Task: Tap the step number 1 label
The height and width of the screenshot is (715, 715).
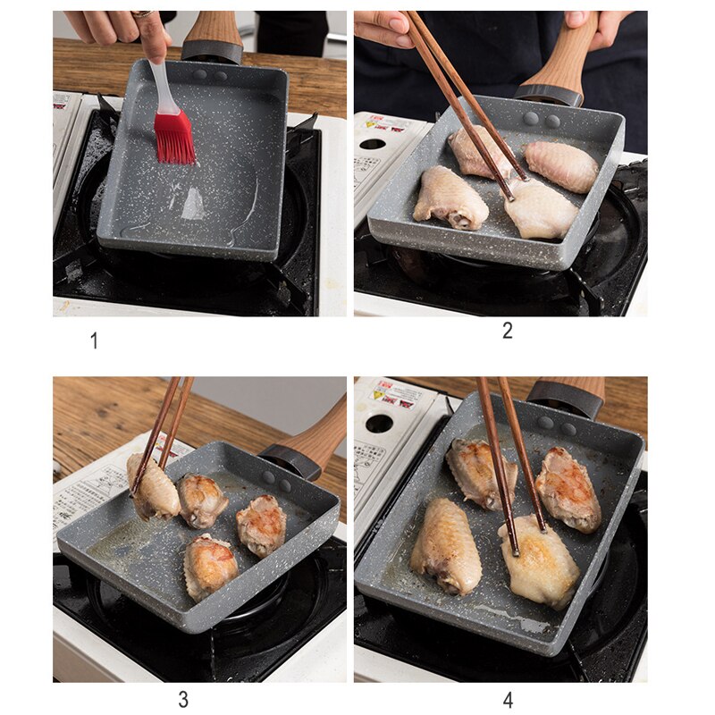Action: click(94, 341)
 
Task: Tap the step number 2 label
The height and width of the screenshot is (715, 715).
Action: click(508, 331)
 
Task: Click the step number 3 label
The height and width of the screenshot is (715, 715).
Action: click(183, 700)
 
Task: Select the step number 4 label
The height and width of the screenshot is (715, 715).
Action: click(508, 700)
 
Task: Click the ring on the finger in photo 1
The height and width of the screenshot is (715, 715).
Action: click(141, 14)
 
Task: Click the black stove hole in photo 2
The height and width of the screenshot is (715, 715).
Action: click(372, 144)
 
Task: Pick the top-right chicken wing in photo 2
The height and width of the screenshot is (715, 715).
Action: click(559, 164)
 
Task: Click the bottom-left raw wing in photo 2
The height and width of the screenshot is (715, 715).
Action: click(450, 197)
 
